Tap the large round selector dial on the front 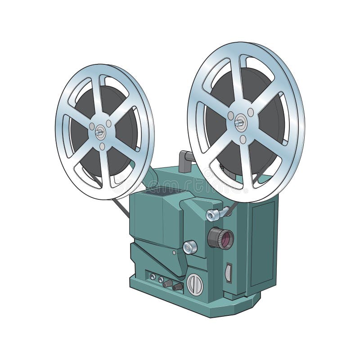click(194, 284)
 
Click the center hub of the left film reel click(99, 132)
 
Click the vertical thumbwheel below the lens click(228, 273)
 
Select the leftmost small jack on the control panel click(153, 277)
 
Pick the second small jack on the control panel click(160, 279)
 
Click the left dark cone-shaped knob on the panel click(168, 283)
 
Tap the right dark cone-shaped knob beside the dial click(177, 286)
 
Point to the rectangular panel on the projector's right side click(262, 243)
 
